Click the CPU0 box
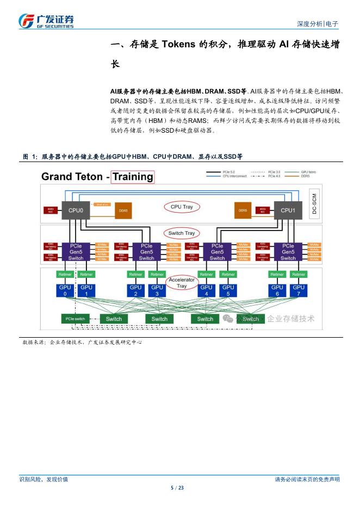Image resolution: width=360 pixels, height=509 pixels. (76, 210)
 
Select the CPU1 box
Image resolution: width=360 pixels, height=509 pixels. (288, 210)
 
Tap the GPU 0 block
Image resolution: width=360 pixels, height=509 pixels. (65, 290)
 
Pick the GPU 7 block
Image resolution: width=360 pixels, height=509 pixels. (299, 290)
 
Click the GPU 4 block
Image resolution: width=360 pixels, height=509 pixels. (207, 290)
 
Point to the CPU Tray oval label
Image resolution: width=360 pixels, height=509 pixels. (182, 207)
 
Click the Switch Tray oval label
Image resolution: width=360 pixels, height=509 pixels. (182, 233)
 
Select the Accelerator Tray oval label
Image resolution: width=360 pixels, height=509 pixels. (182, 283)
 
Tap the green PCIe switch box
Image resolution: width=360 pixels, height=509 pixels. (75, 319)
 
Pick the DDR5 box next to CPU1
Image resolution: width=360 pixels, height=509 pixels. (243, 210)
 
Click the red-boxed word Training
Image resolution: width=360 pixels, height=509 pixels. (132, 177)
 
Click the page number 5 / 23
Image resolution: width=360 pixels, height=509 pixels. (178, 488)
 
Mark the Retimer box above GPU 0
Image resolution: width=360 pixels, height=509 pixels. (65, 275)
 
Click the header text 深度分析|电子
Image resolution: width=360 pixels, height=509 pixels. (318, 24)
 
